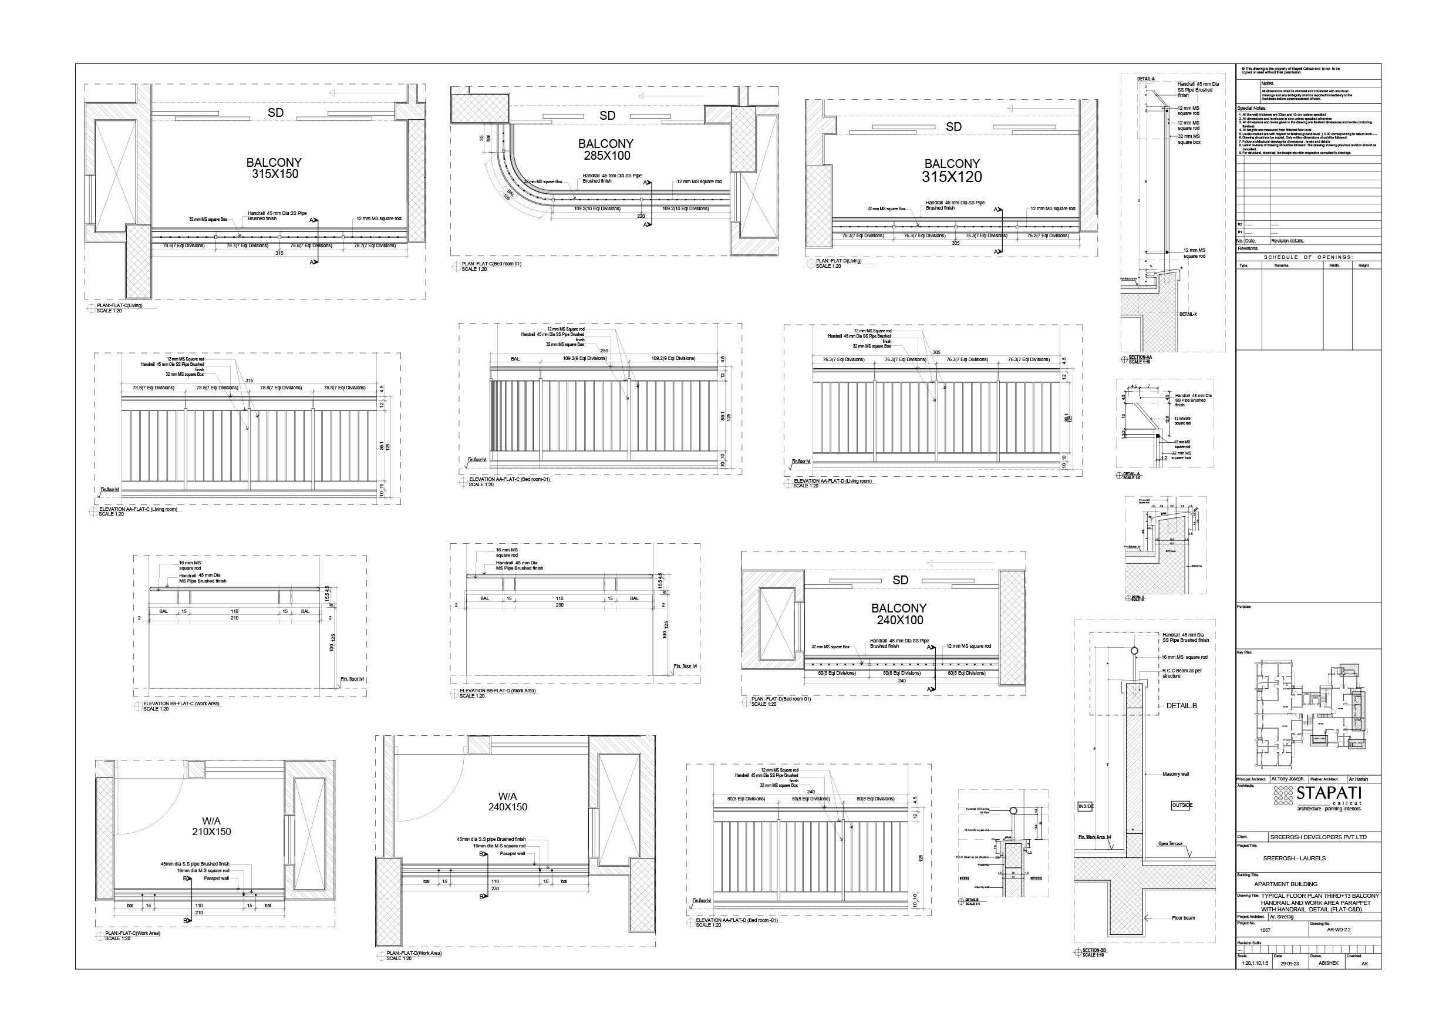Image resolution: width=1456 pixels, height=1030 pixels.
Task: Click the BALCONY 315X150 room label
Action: pos(274,168)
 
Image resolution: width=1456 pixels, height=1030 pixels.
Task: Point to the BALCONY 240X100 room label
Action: pos(900,614)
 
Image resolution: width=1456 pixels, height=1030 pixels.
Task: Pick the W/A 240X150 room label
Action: pos(507,802)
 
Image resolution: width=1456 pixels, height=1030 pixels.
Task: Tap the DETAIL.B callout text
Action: pos(1181,705)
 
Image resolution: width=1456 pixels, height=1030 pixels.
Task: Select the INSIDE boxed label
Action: pos(1086,807)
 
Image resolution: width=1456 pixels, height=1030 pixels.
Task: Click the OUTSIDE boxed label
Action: pos(1181,806)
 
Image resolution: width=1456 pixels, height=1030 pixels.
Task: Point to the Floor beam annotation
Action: pos(1184,918)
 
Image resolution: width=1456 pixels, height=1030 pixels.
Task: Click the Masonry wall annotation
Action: pos(1176,774)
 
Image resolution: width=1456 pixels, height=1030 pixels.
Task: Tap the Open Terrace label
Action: pos(1171,843)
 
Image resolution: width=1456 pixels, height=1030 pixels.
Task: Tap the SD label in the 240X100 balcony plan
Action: pos(901,580)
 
